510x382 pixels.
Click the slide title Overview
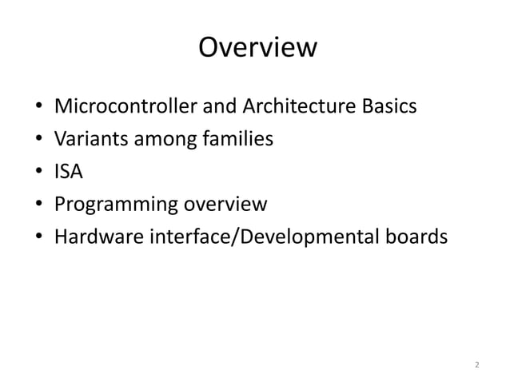pyautogui.click(x=257, y=49)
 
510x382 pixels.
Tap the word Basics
pyautogui.click(x=387, y=106)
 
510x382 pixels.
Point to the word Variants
pyautogui.click(x=88, y=139)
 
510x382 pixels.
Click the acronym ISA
pyautogui.click(x=68, y=172)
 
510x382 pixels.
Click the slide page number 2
pyautogui.click(x=476, y=365)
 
